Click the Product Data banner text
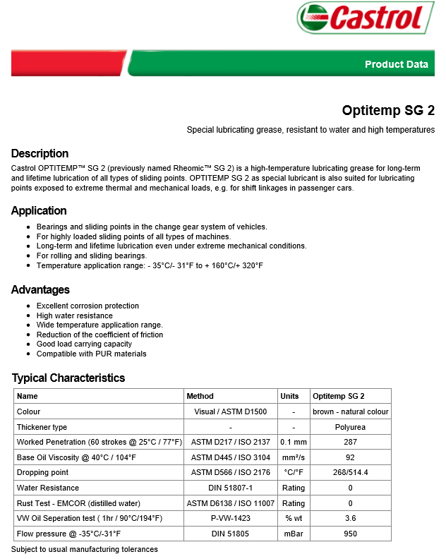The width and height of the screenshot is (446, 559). pyautogui.click(x=396, y=64)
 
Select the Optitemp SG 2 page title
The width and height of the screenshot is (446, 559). pyautogui.click(x=388, y=110)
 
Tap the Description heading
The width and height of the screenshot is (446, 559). pyautogui.click(x=40, y=153)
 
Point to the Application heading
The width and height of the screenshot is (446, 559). pyautogui.click(x=39, y=210)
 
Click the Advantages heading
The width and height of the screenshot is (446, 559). pyautogui.click(x=40, y=289)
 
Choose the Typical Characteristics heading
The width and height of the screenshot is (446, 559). pyautogui.click(x=68, y=378)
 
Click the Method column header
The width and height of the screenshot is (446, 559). pyautogui.click(x=200, y=396)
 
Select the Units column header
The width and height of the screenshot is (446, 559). pyautogui.click(x=289, y=396)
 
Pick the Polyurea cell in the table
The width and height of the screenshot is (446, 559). pyautogui.click(x=350, y=427)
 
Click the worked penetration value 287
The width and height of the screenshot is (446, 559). pyautogui.click(x=350, y=442)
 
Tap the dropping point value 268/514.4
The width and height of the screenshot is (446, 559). pyautogui.click(x=350, y=472)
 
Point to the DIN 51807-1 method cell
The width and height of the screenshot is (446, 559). pyautogui.click(x=231, y=488)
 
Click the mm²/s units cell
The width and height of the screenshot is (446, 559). pyautogui.click(x=293, y=457)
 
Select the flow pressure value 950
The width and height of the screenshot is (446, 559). pyautogui.click(x=350, y=534)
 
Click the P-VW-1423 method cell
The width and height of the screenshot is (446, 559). pyautogui.click(x=231, y=518)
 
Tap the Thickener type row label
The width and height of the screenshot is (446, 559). pyautogui.click(x=42, y=427)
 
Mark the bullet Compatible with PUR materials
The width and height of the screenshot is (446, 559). pyautogui.click(x=92, y=354)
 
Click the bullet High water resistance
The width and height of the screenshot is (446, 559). pyautogui.click(x=75, y=315)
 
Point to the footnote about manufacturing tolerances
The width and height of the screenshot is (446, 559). pyautogui.click(x=85, y=549)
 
